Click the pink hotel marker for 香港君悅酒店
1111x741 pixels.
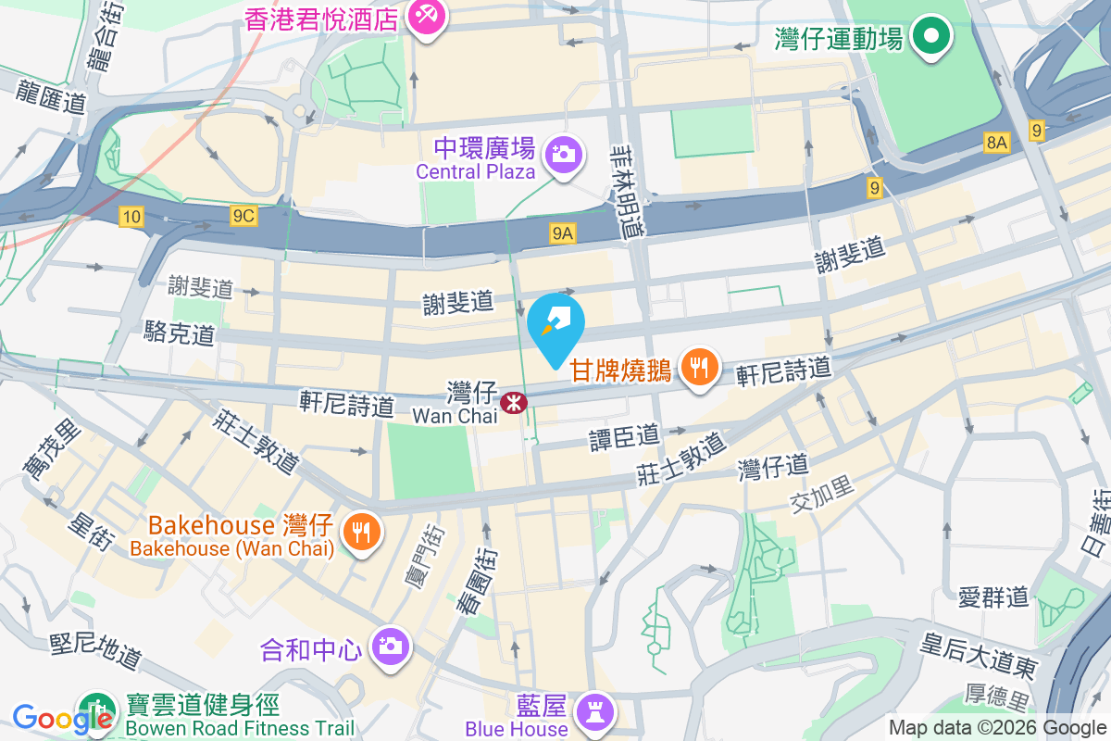pos(426,18)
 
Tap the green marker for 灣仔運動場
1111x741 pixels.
pos(931,38)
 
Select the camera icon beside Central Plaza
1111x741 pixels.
pos(562,154)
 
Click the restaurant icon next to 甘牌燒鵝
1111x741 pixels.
pos(700,369)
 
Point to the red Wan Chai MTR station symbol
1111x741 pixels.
pos(511,403)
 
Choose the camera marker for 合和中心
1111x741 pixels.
pos(390,645)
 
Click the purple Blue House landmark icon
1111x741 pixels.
pos(590,711)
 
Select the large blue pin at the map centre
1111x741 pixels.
pos(555,327)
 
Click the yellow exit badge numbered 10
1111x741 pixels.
pos(131,217)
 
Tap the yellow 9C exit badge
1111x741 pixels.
pos(243,216)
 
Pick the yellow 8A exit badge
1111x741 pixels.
pos(995,143)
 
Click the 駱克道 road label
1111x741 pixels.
pos(180,333)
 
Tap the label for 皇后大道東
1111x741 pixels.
pos(979,654)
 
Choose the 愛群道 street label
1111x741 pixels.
pos(993,597)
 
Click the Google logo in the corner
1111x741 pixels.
pos(51,718)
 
